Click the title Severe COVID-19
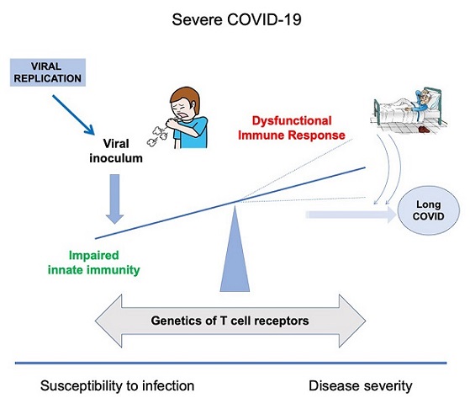tap(236, 20)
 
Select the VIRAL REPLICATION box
tap(48, 72)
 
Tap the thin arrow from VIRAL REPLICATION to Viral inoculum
tap(73, 115)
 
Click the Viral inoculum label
tap(116, 151)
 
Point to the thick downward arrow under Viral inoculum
tap(115, 199)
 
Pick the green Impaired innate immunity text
tap(94, 263)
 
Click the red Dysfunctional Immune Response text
tap(292, 128)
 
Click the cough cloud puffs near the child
tap(156, 135)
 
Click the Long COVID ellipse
tap(428, 210)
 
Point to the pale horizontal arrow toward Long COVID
tap(351, 215)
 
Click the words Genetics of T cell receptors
tap(230, 321)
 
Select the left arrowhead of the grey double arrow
tap(108, 321)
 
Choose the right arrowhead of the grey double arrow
tap(352, 321)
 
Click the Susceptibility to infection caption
tap(117, 386)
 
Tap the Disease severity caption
tap(361, 386)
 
